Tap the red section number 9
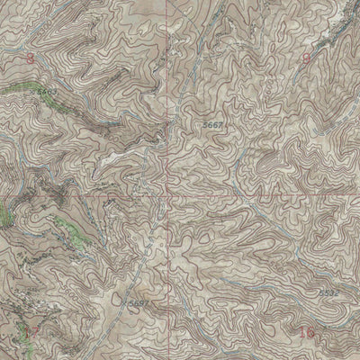(x=307, y=59)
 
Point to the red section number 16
(x=307, y=333)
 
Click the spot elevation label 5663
(x=47, y=92)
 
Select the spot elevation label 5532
(x=329, y=292)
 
